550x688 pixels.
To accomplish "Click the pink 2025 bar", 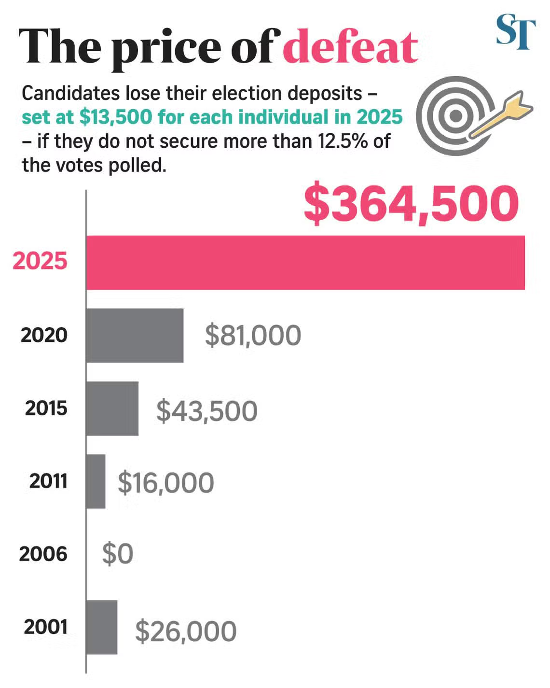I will pyautogui.click(x=305, y=263).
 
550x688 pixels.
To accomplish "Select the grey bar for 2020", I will pyautogui.click(x=135, y=336).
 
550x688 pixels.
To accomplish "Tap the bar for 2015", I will pyautogui.click(x=112, y=408).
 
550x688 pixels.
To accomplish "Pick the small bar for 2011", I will pyautogui.click(x=96, y=481).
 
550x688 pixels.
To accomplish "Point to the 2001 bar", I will pyautogui.click(x=102, y=627).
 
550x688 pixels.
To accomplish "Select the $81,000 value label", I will pyautogui.click(x=253, y=336).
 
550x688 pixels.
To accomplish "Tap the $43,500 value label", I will pyautogui.click(x=206, y=411).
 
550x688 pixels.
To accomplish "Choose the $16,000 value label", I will pyautogui.click(x=165, y=483).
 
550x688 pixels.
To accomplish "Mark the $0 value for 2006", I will pyautogui.click(x=117, y=554).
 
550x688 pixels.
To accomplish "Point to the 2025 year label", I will pyautogui.click(x=40, y=261).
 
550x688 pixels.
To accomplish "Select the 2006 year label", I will pyautogui.click(x=43, y=554).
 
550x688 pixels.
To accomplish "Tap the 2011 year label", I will pyautogui.click(x=48, y=481).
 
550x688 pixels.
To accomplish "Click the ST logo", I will pyautogui.click(x=515, y=32).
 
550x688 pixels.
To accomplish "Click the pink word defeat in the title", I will pyautogui.click(x=350, y=47).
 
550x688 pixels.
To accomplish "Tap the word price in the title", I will pyautogui.click(x=166, y=48).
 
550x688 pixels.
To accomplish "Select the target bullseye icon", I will pyautogui.click(x=454, y=116).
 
